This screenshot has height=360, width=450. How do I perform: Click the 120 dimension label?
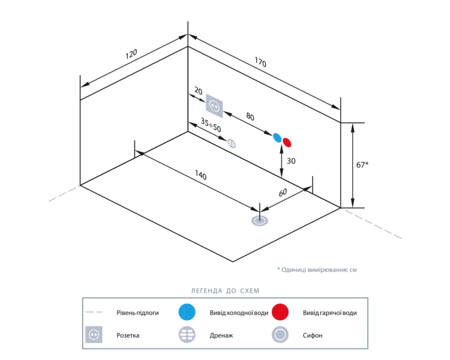131,53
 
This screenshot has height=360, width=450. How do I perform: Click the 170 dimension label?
260,62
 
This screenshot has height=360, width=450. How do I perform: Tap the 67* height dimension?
362,165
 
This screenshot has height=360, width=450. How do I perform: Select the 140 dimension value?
200,175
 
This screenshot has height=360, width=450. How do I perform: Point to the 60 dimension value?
283,193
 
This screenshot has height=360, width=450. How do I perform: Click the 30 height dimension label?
291,161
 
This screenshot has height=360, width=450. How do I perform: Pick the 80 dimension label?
250,116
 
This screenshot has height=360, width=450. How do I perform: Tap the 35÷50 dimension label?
211,125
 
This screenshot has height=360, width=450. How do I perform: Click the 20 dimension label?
199,91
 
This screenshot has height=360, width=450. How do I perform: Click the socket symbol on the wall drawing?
214,106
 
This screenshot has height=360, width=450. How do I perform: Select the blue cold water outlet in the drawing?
277,138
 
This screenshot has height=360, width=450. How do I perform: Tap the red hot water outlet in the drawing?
287,142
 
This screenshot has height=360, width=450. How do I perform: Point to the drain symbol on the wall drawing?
232,143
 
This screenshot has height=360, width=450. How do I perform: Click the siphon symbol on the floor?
260,221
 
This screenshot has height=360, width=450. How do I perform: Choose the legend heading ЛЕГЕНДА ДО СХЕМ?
225,291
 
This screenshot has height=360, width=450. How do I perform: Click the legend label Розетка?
128,335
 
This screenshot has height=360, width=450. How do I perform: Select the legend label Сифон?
313,335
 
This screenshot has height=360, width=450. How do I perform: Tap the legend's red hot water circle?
280,312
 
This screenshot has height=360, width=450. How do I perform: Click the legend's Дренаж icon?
187,335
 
